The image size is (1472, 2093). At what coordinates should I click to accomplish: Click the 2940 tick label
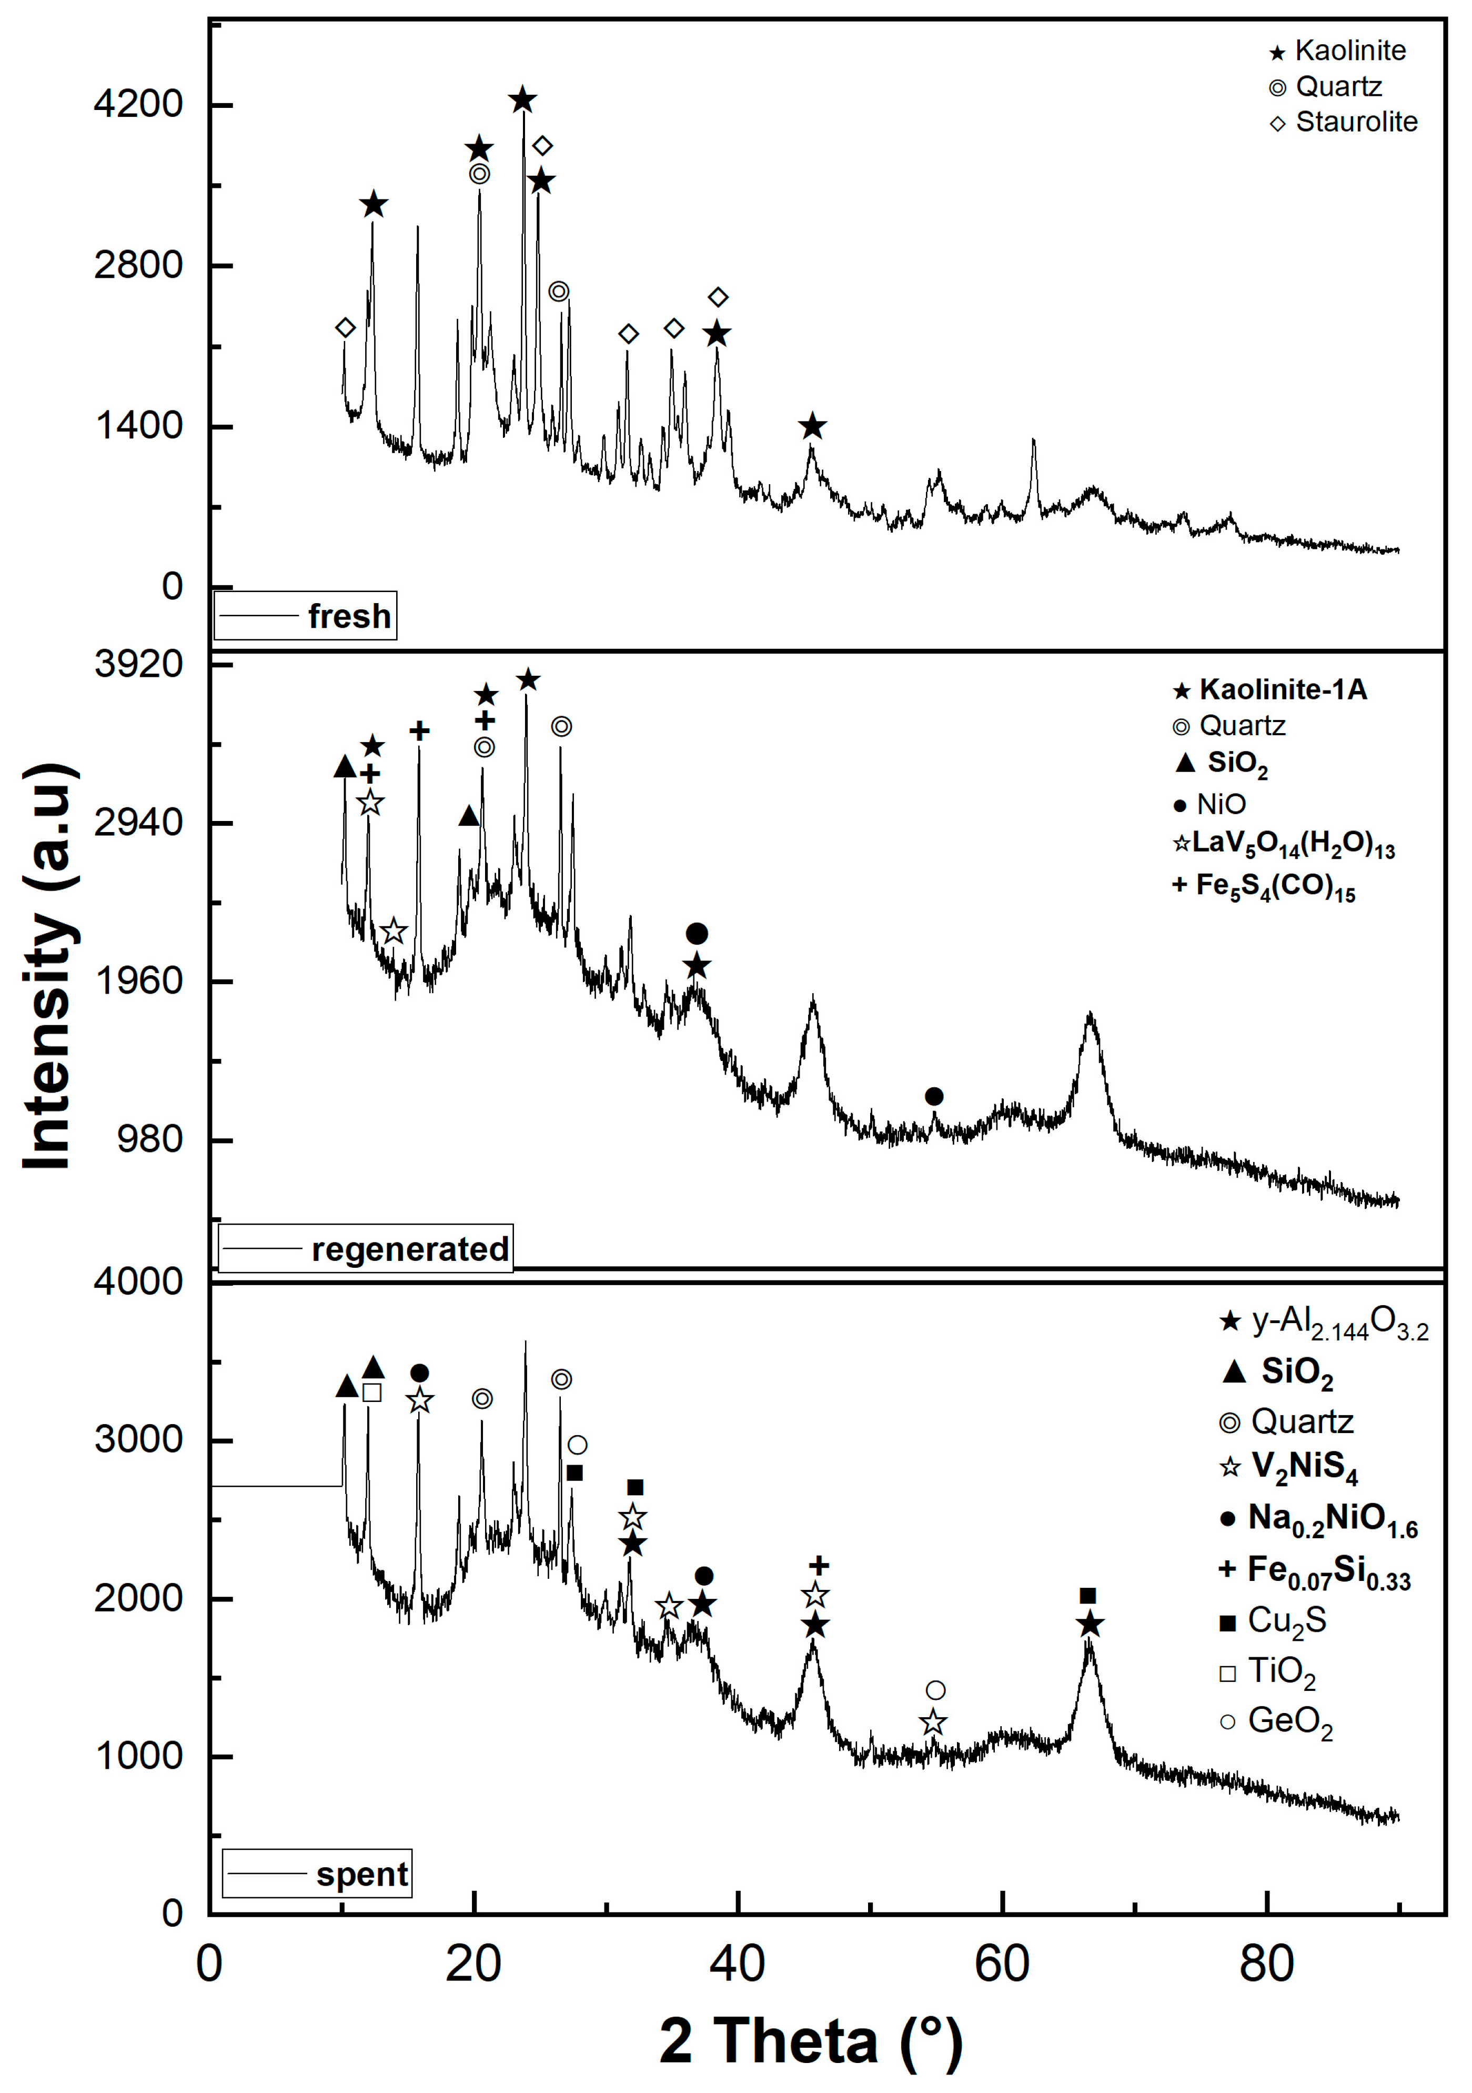point(138,822)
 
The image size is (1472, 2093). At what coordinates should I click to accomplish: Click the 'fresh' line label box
point(305,616)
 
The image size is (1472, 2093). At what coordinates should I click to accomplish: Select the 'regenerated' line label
point(366,1248)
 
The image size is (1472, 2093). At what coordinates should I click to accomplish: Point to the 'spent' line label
point(317,1874)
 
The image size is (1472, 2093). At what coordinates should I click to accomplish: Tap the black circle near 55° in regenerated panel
point(933,1096)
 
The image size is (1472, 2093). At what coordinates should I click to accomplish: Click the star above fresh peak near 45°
point(812,426)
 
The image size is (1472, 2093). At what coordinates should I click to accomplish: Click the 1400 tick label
point(138,426)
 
